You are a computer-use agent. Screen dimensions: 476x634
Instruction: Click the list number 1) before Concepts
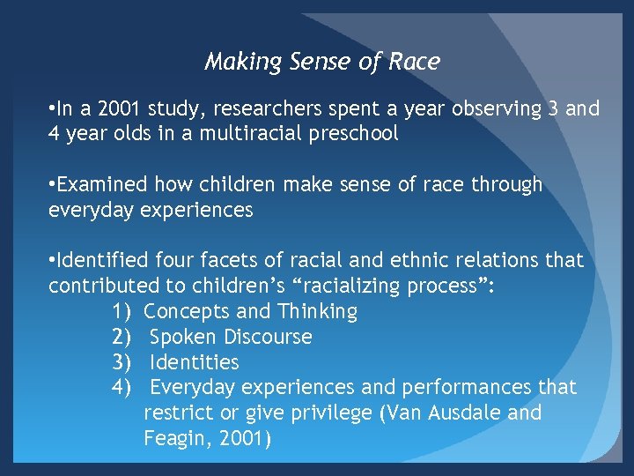(122, 312)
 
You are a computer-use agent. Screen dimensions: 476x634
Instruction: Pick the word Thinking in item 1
(318, 312)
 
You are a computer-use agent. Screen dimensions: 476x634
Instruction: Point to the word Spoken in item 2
(183, 338)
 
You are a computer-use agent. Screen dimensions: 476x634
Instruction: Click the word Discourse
(268, 338)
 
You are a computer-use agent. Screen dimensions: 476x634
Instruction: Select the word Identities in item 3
(195, 362)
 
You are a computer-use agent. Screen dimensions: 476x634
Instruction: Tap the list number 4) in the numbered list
(122, 388)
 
